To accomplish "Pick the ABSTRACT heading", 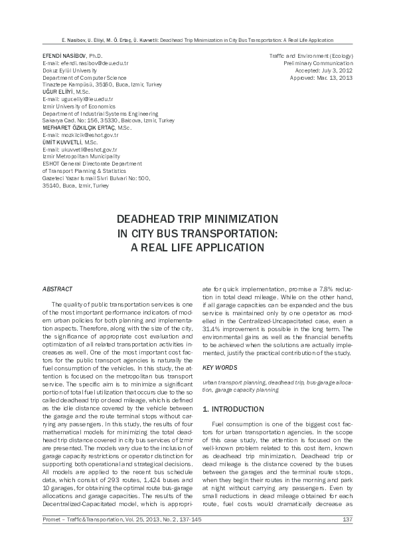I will pos(57,289).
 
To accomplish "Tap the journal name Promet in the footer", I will pos(51,519).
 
